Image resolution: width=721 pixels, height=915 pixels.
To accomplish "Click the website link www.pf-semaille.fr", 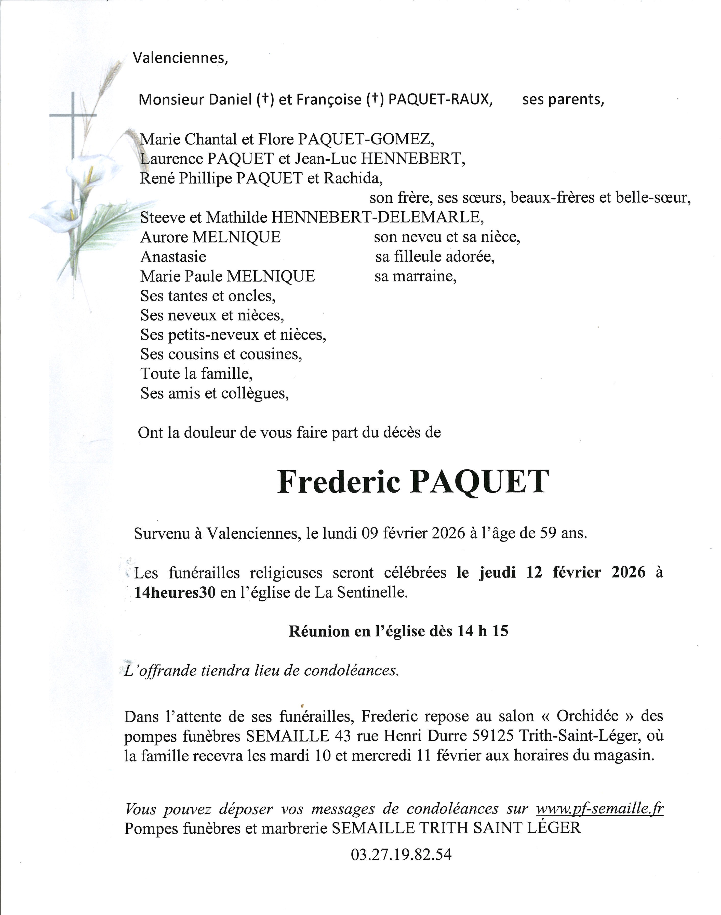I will pos(599,809).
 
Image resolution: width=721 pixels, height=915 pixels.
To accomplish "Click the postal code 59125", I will pos(490,736).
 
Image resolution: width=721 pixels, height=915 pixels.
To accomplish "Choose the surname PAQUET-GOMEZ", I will pos(366,139).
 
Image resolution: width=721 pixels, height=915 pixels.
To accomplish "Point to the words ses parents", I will pos(563,100).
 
